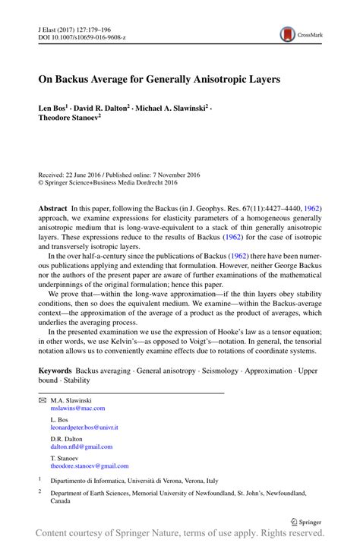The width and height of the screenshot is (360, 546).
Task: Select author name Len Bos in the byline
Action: (x=56, y=109)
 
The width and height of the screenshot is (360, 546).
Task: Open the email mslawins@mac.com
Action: (x=77, y=408)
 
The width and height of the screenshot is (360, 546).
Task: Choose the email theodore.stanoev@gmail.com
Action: (x=90, y=466)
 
